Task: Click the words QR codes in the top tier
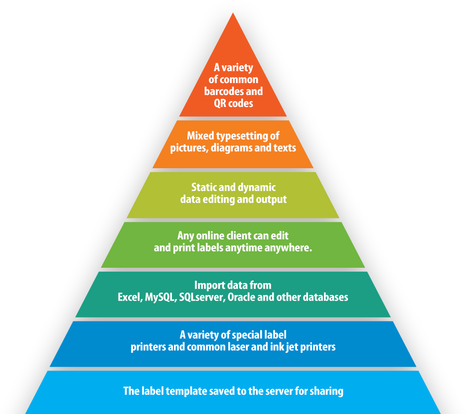(x=233, y=103)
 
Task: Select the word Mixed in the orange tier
(x=200, y=135)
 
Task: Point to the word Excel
(x=129, y=298)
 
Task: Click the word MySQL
(x=160, y=298)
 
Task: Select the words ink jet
(x=282, y=347)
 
